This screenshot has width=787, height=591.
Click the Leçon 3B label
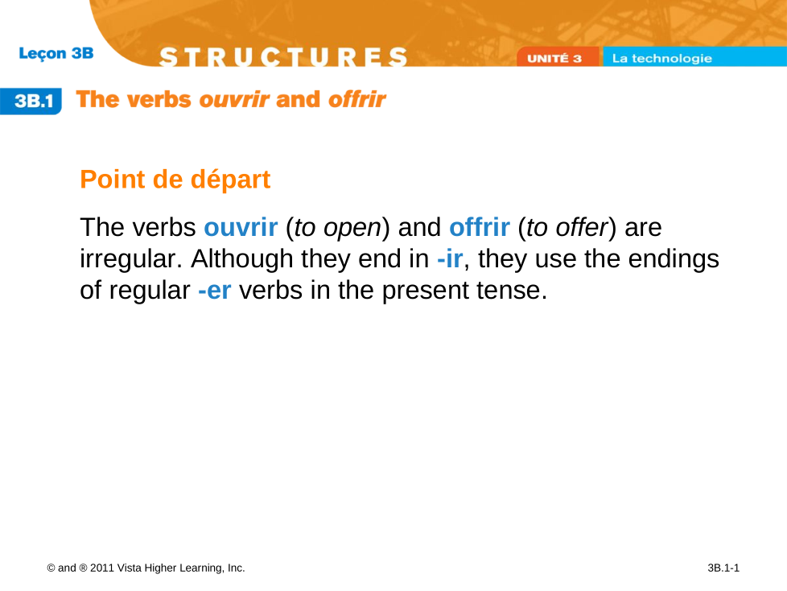56,53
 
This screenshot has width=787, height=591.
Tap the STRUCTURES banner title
283,56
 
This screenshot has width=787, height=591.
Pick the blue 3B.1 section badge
31,101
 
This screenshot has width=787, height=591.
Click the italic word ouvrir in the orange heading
234,99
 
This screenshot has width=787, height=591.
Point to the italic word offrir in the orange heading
356,99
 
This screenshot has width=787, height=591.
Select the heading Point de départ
175,180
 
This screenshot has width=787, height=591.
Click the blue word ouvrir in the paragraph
241,227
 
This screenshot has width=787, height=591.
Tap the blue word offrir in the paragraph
480,227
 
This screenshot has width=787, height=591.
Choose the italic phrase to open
338,227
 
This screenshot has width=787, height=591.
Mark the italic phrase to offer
567,227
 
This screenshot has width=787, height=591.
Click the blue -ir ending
450,258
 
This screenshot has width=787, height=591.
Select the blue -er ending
215,290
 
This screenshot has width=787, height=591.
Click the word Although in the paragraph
242,259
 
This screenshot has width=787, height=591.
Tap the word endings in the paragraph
674,259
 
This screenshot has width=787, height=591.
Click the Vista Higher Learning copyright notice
146,568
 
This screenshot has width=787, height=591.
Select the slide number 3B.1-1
723,568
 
